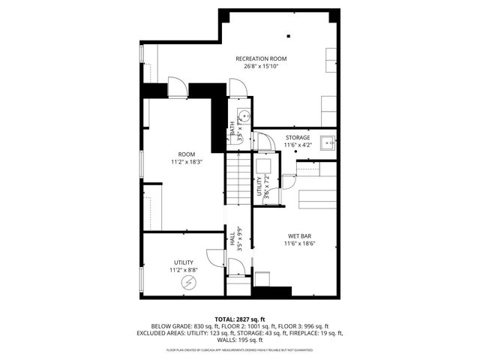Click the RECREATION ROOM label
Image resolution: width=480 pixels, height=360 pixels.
pos(261,58)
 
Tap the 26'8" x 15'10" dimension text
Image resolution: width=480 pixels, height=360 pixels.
pos(261,66)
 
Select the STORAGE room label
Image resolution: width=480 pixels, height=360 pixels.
pos(298,138)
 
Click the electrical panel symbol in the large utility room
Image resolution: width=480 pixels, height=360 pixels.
pos(190,282)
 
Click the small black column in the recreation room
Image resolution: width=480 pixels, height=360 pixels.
pos(289,35)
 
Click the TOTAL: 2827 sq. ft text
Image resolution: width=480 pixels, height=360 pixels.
pos(240,319)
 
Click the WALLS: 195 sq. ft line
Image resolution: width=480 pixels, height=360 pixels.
pos(240,340)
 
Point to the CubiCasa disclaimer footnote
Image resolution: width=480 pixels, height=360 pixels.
pos(240,349)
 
